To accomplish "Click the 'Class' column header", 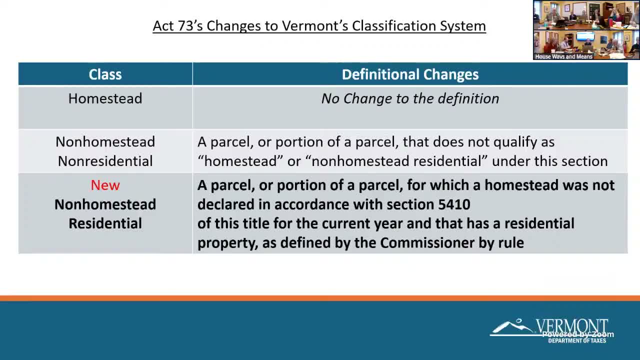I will (x=105, y=74).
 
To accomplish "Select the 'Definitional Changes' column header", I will (x=410, y=74).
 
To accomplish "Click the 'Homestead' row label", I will (x=105, y=98).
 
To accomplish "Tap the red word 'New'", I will (x=105, y=185).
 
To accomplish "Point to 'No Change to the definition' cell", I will (x=410, y=98).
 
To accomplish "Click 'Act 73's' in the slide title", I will (x=178, y=26).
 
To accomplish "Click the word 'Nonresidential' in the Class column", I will (x=105, y=161).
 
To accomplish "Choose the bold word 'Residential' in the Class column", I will (x=105, y=223).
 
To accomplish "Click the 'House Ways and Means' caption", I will (x=563, y=56).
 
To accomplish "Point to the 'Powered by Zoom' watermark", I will (x=578, y=334).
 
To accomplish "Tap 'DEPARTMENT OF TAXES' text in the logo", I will (x=577, y=341).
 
